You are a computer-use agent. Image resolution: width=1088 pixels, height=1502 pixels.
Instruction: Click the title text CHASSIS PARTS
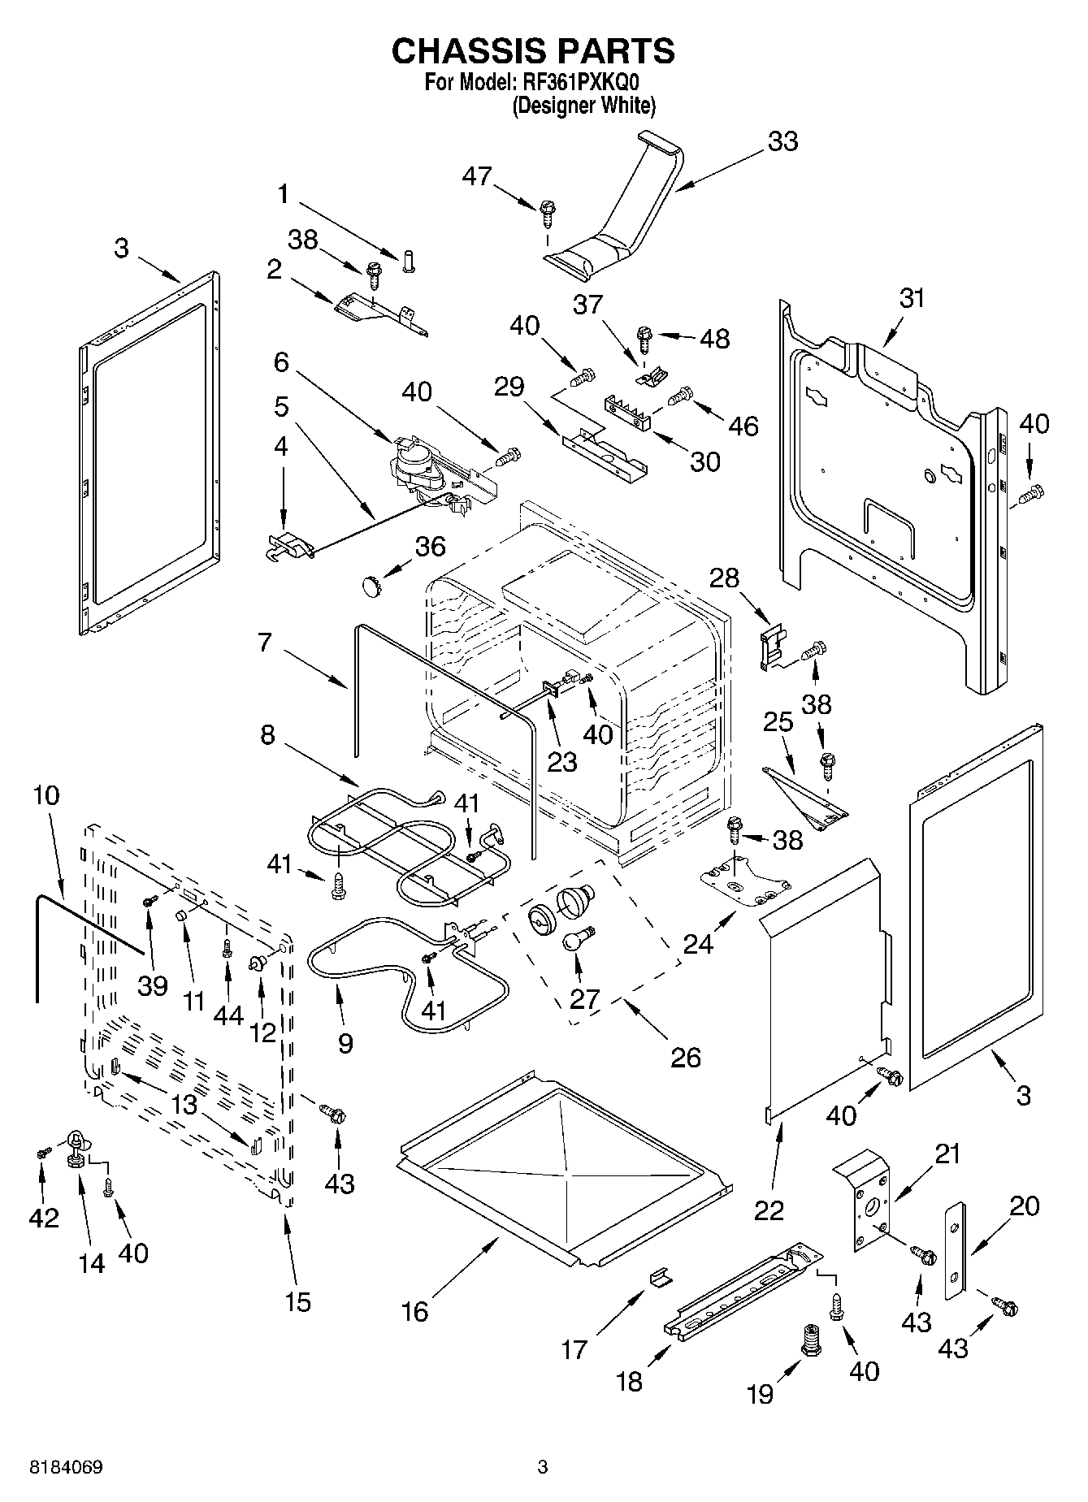coord(533,51)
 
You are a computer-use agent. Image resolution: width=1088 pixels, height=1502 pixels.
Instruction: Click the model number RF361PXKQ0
coord(582,83)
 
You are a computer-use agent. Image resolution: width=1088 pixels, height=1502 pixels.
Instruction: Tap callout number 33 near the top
coord(782,141)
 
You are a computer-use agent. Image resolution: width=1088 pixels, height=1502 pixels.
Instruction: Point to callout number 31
coord(912,299)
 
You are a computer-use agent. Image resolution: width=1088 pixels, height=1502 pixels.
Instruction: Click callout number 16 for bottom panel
coord(414,1311)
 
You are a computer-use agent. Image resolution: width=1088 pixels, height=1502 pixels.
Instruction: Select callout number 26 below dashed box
coord(685,1057)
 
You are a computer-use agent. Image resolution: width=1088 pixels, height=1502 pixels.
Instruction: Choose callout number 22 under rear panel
coord(769,1210)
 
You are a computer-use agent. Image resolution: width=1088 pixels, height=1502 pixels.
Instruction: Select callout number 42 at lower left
coord(44,1217)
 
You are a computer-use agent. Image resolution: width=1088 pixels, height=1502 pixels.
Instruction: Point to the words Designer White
coord(583,106)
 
